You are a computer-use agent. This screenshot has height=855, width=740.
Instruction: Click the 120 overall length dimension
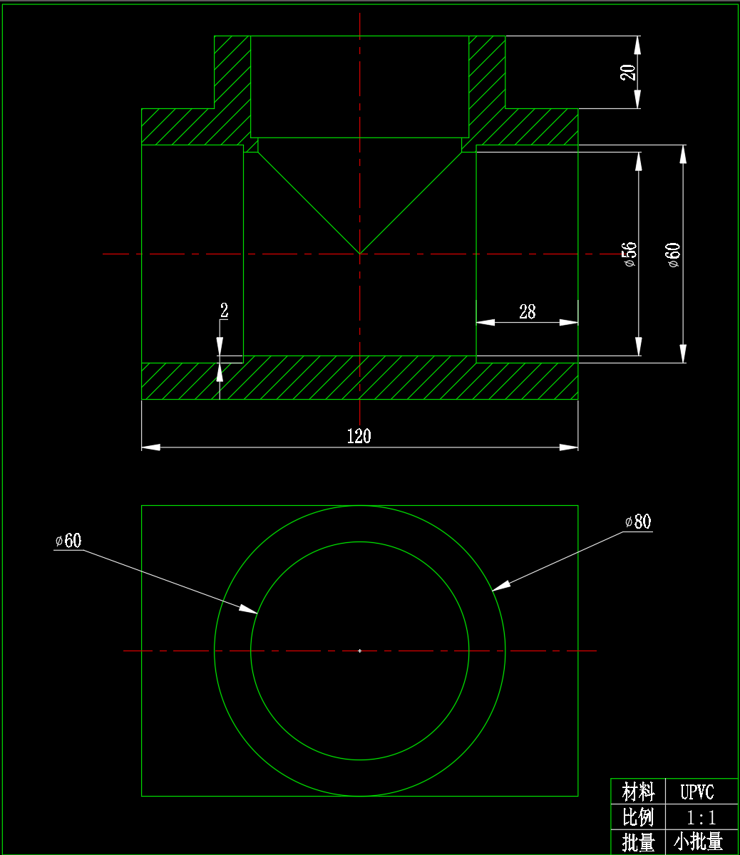[x=359, y=436]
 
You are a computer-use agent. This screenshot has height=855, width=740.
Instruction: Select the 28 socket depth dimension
[x=527, y=311]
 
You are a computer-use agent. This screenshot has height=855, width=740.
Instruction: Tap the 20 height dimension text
[x=628, y=72]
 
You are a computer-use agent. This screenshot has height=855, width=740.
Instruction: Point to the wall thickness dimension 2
[x=224, y=311]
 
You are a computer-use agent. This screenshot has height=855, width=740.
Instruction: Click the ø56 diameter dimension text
[x=629, y=254]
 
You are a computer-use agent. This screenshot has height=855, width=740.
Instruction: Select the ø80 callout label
[x=637, y=522]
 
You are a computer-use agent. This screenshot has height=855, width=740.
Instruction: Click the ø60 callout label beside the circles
[x=68, y=541]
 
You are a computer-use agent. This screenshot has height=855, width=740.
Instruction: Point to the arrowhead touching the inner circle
[x=248, y=609]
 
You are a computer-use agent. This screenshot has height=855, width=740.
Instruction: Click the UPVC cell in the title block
[x=697, y=792]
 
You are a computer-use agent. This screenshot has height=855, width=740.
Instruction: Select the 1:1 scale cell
[x=702, y=817]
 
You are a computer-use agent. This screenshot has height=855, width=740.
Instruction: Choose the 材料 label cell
[x=638, y=792]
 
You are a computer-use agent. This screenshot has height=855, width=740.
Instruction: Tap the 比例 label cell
[x=638, y=817]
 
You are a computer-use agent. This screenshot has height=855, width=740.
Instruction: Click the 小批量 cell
[x=698, y=842]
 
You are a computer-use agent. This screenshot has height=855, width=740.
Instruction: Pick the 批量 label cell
[x=638, y=842]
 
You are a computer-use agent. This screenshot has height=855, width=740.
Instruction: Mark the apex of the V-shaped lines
[x=360, y=253]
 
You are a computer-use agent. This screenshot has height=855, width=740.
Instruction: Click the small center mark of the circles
[x=360, y=651]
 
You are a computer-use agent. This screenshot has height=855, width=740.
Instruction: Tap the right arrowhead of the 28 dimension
[x=568, y=323]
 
